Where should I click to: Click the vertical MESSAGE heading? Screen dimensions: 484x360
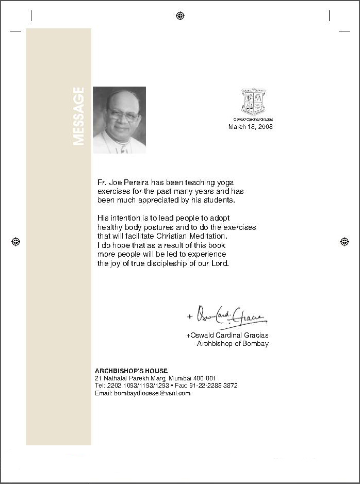click(78, 116)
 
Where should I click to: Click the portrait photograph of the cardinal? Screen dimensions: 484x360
click(119, 120)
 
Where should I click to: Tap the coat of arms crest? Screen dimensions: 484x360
click(253, 102)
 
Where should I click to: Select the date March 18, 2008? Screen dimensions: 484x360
click(251, 127)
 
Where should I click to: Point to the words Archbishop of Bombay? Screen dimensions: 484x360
click(233, 343)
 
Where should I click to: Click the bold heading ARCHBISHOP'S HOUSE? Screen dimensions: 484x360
click(131, 371)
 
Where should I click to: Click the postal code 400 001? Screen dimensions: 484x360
click(204, 378)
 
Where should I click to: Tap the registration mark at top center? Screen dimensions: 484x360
click(180, 15)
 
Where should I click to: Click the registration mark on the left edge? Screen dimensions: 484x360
click(15, 241)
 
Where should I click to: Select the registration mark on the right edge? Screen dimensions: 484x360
click(345, 241)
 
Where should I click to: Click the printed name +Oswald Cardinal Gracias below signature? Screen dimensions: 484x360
click(227, 336)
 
